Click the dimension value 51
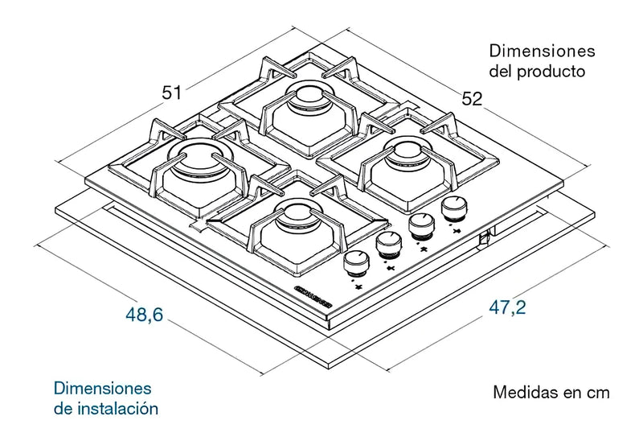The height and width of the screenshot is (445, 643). click(x=171, y=93)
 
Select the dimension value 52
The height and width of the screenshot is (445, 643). click(x=472, y=99)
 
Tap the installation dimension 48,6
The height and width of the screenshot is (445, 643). click(x=145, y=315)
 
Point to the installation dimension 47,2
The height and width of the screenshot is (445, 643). click(x=507, y=307)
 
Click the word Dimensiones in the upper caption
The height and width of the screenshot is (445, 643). click(x=542, y=51)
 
